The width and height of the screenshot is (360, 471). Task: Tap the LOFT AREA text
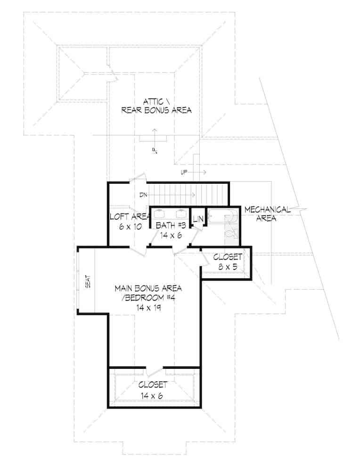point(130,217)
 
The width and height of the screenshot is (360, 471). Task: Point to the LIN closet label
point(197,219)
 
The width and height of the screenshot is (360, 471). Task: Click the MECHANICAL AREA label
point(267,214)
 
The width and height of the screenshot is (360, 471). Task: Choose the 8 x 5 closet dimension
point(228,267)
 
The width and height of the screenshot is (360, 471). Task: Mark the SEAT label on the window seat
point(88,282)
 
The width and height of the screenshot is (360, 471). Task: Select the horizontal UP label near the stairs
point(184,173)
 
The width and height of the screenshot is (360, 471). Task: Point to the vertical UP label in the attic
point(154,150)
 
